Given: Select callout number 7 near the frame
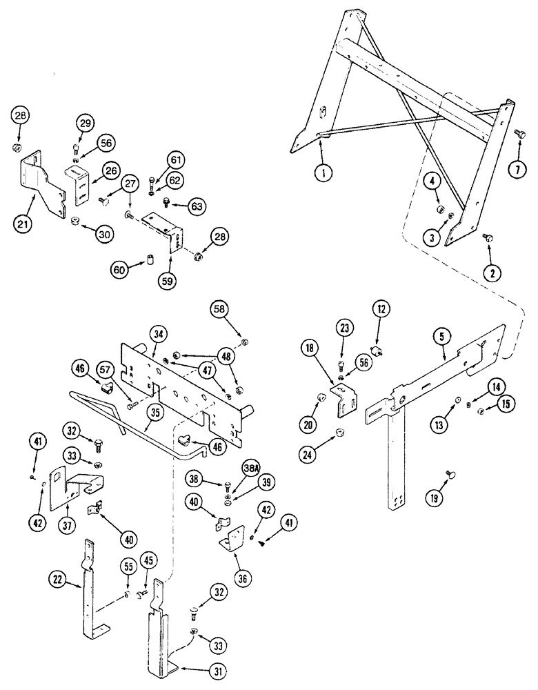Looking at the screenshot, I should [x=518, y=168].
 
